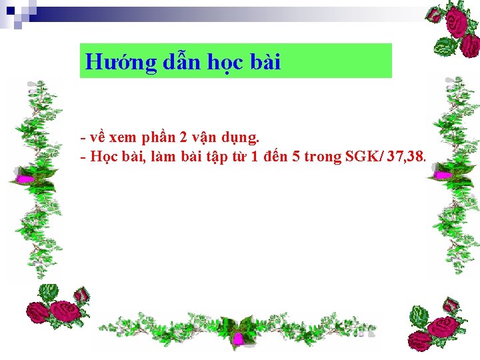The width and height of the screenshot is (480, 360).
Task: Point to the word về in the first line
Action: [97, 138]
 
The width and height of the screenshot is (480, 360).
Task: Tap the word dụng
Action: [240, 139]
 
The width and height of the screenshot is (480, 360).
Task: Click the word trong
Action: [323, 157]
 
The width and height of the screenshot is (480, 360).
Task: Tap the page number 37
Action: [393, 157]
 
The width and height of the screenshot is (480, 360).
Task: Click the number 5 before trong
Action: [295, 157]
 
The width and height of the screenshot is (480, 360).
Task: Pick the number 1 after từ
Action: [252, 157]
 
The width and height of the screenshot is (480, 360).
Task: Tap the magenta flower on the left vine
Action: [25, 179]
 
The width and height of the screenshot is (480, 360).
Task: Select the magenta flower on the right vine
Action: [442, 175]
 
